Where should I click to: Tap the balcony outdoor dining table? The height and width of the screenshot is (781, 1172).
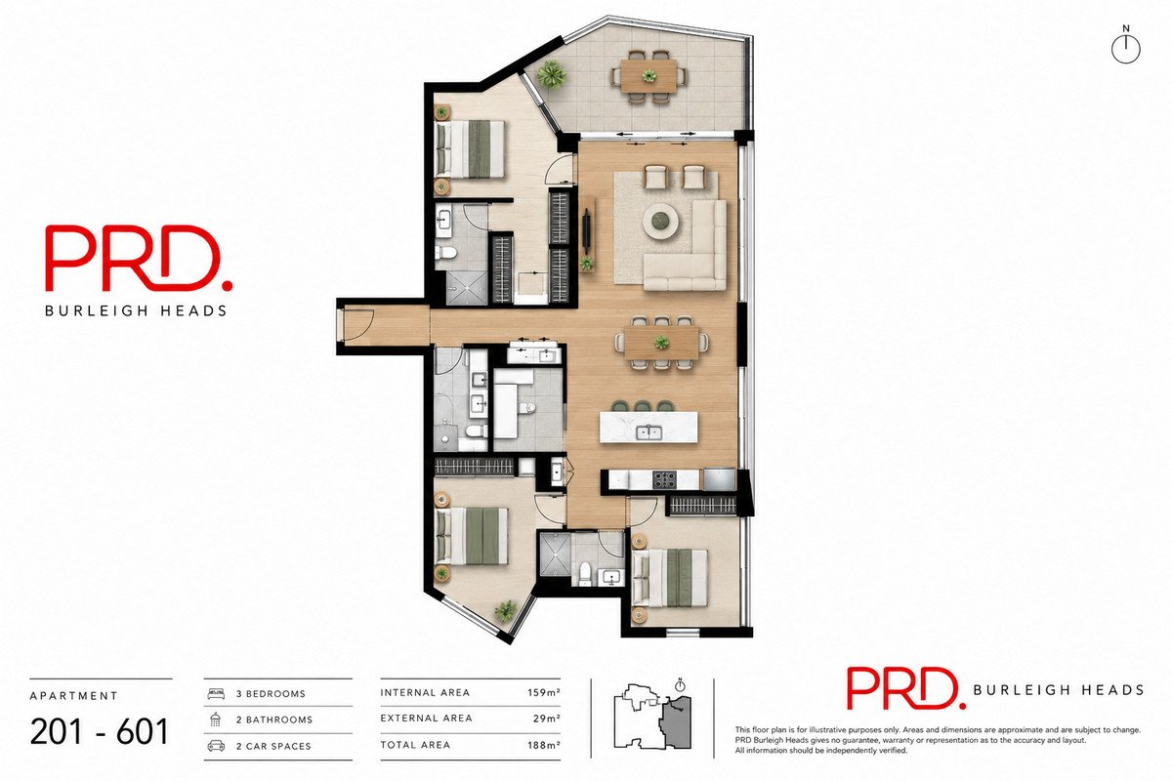pyautogui.click(x=649, y=76)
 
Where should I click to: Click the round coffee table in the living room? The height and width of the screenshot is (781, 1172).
pyautogui.click(x=661, y=222)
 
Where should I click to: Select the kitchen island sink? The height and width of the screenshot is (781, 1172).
pyautogui.click(x=649, y=432)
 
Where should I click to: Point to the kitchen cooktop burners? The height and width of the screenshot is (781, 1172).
pyautogui.click(x=664, y=479)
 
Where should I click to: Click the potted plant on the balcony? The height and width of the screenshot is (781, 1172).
pyautogui.click(x=552, y=75)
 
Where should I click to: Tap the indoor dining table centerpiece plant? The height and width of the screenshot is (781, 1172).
pyautogui.click(x=661, y=344)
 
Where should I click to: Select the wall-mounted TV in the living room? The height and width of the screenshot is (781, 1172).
pyautogui.click(x=587, y=228)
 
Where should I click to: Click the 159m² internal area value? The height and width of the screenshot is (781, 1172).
pyautogui.click(x=544, y=692)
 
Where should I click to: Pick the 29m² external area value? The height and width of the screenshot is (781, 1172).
pyautogui.click(x=547, y=719)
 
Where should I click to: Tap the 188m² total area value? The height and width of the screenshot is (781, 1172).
pyautogui.click(x=544, y=745)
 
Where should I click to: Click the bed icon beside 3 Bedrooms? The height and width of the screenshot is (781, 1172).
pyautogui.click(x=216, y=694)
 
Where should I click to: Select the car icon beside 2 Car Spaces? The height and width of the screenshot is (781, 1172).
pyautogui.click(x=216, y=746)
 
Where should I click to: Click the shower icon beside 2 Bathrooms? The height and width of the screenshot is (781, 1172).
pyautogui.click(x=215, y=719)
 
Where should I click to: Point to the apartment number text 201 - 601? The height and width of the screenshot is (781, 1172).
pyautogui.click(x=100, y=731)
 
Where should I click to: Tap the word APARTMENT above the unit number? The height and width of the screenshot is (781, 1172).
pyautogui.click(x=74, y=696)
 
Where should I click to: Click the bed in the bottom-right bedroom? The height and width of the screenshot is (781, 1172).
pyautogui.click(x=670, y=578)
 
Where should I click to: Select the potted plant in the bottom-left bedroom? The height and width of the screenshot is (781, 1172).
pyautogui.click(x=506, y=610)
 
